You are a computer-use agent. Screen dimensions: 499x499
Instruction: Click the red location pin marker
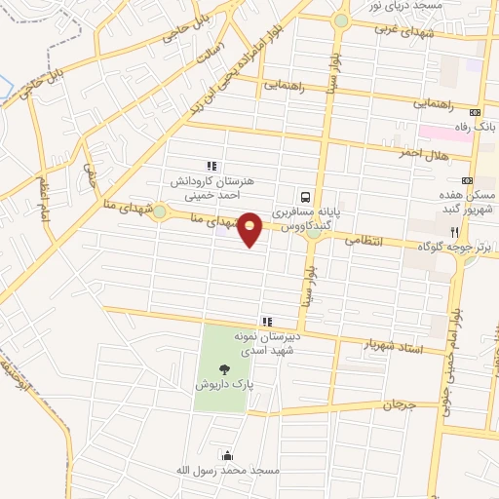click(250, 228)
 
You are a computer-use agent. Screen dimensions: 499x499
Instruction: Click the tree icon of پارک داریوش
click(226, 369)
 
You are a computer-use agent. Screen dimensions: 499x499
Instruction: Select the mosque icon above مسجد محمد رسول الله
click(228, 454)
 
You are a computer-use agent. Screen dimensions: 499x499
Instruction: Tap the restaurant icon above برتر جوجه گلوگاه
click(454, 232)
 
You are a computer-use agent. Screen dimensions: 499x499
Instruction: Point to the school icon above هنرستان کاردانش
click(211, 166)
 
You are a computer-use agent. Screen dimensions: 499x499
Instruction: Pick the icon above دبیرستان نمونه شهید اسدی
click(266, 321)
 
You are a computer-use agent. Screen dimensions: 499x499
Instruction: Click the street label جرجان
click(398, 403)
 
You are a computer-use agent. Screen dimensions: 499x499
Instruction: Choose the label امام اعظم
click(42, 199)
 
